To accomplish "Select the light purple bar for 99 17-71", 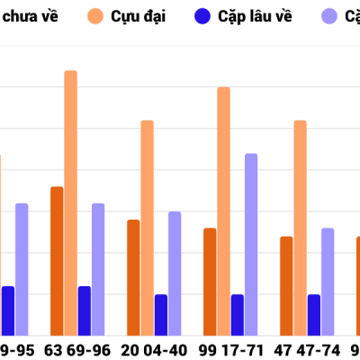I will point(251,244).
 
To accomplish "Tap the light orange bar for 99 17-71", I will point(223,211).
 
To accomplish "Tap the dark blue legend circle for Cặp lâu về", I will point(202,16).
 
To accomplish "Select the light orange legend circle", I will point(96,16).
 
